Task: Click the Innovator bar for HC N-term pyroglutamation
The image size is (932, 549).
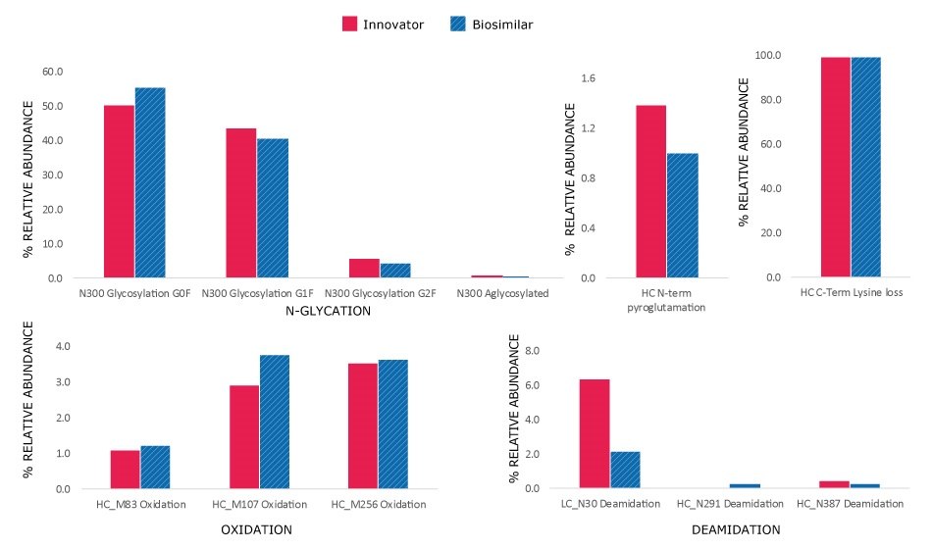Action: point(650,191)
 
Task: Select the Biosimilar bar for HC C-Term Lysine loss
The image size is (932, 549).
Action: point(866,167)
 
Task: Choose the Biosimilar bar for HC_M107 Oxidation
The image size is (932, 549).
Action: point(275,422)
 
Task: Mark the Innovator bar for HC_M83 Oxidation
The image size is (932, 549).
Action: point(125,470)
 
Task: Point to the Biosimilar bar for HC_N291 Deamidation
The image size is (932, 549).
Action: point(745,485)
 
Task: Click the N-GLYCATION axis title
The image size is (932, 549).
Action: point(327,311)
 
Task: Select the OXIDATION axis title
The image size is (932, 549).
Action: point(257,529)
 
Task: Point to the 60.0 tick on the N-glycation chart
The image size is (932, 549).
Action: point(50,72)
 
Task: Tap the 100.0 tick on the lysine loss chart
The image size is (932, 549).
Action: point(766,55)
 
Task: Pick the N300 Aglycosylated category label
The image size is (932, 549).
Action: point(503,293)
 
